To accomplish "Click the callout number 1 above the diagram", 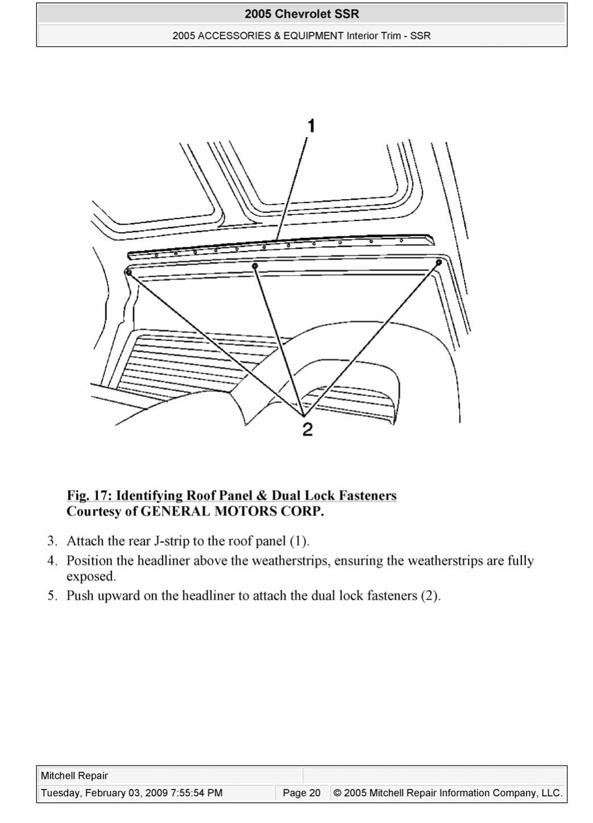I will pos(311,126).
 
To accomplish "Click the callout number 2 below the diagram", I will pos(307,430).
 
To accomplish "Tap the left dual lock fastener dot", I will pos(129,273).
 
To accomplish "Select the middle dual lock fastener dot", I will pos(255,266).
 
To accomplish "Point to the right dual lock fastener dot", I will pos(439,262).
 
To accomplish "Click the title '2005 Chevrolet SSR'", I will pos(302,14).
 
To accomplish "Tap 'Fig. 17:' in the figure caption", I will pos(89,496).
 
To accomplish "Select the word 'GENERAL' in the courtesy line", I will pos(175,512).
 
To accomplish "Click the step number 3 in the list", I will pos(52,541).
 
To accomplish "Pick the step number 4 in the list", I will pos(52,561).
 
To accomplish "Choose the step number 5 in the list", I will pos(52,596).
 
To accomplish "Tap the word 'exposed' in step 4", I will pos(90,577).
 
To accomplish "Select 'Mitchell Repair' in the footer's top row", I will pos(75,776).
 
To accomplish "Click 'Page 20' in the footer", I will pos(302,793).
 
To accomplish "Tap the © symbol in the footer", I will pos(337,793).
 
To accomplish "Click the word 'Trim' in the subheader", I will pos(389,36).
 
